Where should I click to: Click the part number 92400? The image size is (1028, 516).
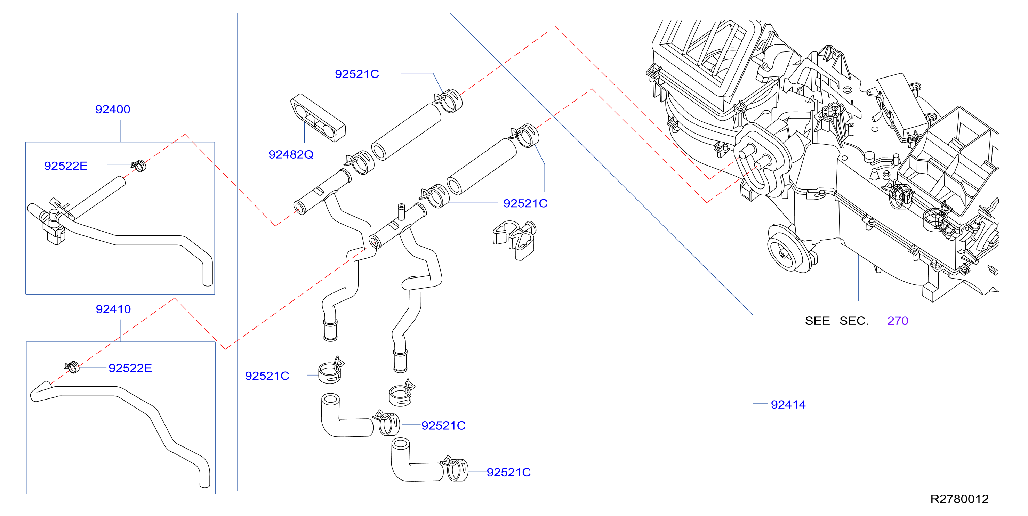(x=113, y=109)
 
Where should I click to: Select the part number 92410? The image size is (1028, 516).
(x=113, y=309)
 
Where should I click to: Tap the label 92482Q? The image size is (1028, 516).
(x=291, y=154)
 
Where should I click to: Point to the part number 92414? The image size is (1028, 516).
(x=788, y=405)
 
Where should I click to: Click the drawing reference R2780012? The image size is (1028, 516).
(x=959, y=499)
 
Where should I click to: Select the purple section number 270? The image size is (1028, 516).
(x=898, y=321)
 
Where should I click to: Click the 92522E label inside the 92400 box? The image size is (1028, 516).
(x=66, y=166)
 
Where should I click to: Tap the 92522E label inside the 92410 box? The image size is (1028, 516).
(x=130, y=368)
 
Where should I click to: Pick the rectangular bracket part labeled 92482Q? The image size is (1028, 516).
(x=318, y=118)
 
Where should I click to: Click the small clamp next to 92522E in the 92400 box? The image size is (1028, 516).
(x=139, y=165)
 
